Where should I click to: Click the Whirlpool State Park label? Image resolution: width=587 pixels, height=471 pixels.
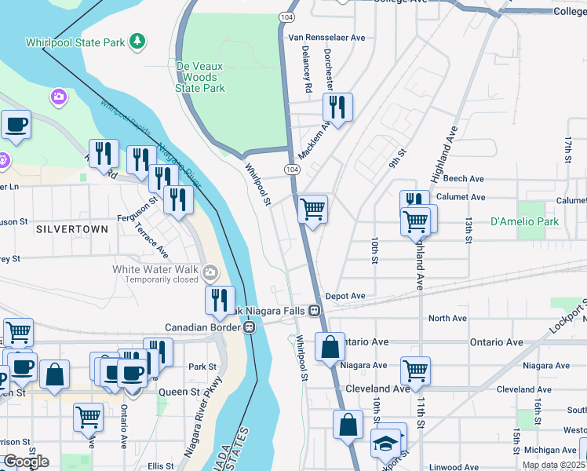pyautogui.click(x=75, y=42)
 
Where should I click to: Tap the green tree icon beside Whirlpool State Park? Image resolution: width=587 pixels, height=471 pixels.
pyautogui.click(x=137, y=40)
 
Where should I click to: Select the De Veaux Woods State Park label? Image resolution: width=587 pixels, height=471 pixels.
pyautogui.click(x=200, y=77)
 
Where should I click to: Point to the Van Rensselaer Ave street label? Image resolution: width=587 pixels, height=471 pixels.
pyautogui.click(x=327, y=37)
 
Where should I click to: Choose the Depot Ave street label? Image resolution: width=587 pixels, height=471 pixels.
pyautogui.click(x=346, y=296)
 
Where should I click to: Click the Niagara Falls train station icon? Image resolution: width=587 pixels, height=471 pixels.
pyautogui.click(x=314, y=310)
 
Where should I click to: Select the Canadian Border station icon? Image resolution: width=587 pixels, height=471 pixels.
pyautogui.click(x=249, y=327)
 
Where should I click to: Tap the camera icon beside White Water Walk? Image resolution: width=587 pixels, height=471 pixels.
pyautogui.click(x=210, y=273)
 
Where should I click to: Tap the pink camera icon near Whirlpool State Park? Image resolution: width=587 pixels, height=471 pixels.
pyautogui.click(x=57, y=98)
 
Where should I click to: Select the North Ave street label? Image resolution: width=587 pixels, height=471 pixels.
pyautogui.click(x=447, y=318)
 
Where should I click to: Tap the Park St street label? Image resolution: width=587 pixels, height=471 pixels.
pyautogui.click(x=202, y=367)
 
